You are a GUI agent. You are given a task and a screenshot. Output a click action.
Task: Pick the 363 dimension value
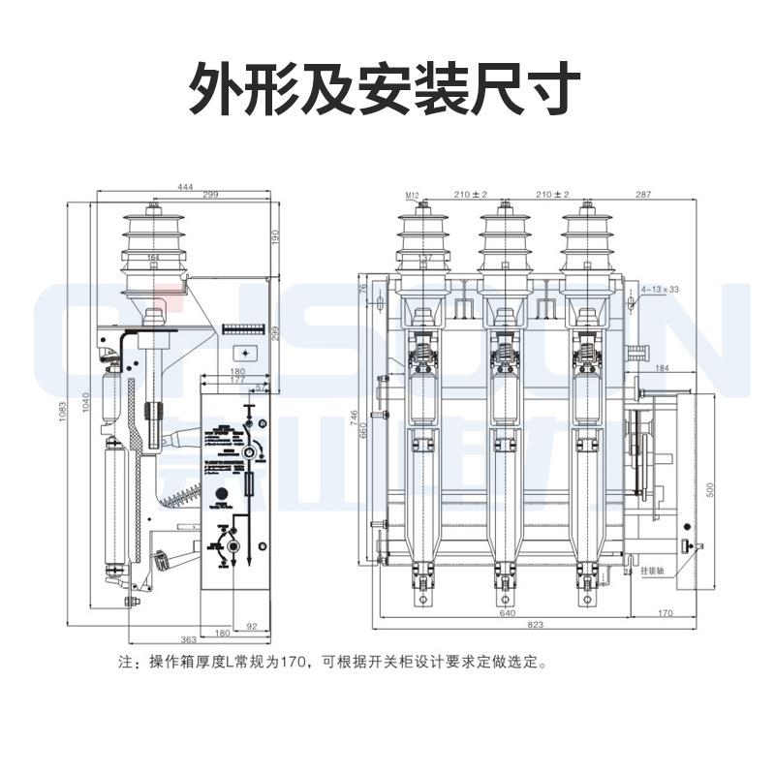coord(189,640)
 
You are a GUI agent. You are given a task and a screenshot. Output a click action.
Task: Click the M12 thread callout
coord(411,197)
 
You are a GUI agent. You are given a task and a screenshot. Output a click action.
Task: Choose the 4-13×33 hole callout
coord(661,289)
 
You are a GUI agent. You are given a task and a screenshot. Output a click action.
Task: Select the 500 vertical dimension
coord(709,490)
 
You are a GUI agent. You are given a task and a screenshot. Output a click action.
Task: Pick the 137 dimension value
coord(423,258)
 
